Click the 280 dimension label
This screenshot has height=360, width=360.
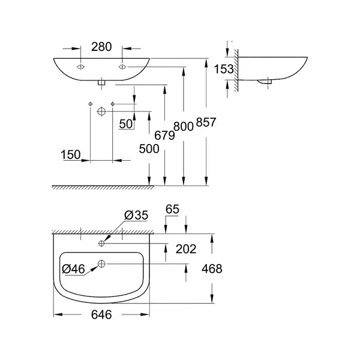pos(101,47)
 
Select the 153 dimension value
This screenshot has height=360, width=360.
pos(224,69)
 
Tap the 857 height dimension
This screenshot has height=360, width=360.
pos(206,122)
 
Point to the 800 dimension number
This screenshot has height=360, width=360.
pos(183,127)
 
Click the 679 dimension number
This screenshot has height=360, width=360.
pos(164,136)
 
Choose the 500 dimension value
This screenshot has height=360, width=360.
pos(149,149)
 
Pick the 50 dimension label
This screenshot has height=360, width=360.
pos(126,124)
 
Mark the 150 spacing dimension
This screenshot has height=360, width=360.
pos(71,155)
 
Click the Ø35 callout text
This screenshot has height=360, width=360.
pos(136,215)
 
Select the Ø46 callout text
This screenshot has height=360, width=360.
pos(73,269)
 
